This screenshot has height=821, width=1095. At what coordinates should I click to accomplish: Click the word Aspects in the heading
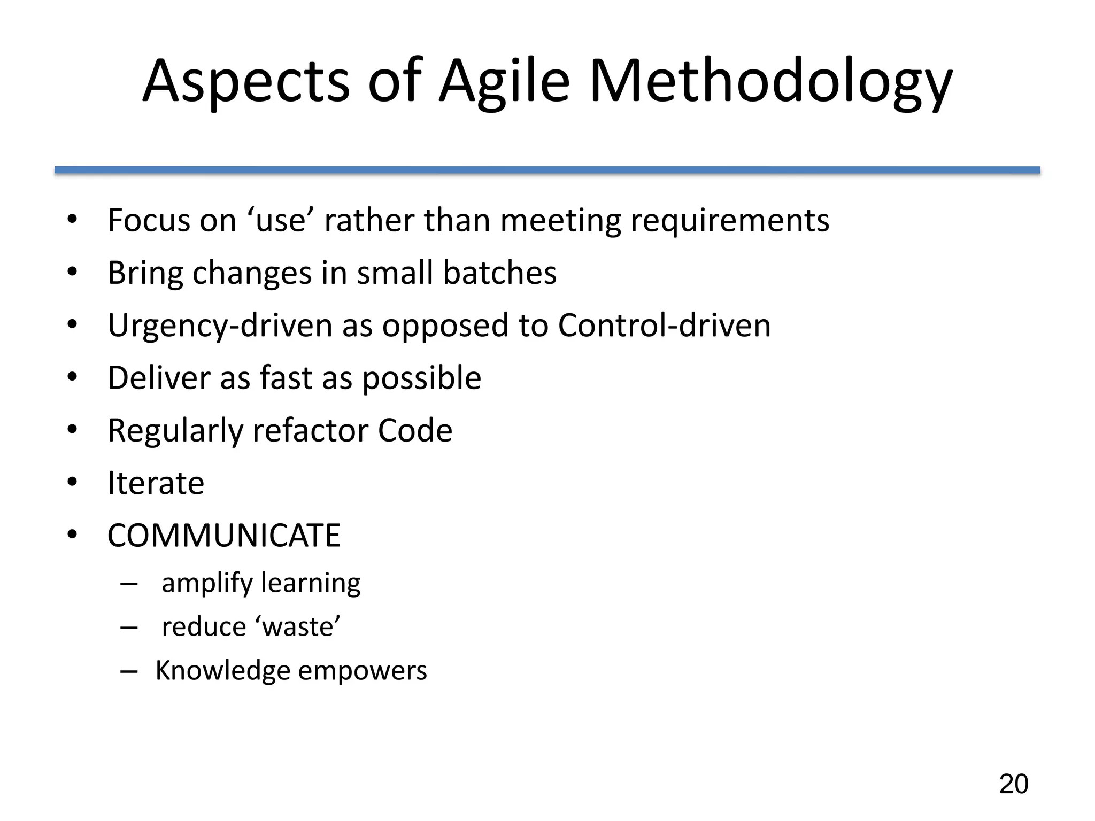[x=246, y=81]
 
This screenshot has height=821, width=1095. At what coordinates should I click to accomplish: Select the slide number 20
[x=1013, y=784]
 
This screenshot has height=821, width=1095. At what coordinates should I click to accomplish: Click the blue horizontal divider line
[x=547, y=170]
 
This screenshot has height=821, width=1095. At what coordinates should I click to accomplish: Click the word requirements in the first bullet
[x=730, y=220]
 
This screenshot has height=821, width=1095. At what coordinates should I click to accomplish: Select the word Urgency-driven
[x=220, y=325]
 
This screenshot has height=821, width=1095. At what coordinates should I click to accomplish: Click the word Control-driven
[x=664, y=325]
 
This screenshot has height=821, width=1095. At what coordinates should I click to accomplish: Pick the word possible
[x=421, y=378]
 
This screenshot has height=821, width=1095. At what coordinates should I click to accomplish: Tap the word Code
[x=415, y=430]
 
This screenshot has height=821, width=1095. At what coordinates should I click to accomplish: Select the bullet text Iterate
[x=156, y=483]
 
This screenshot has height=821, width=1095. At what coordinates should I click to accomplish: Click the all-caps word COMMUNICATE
[x=223, y=535]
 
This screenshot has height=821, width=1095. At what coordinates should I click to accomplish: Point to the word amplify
[x=207, y=583]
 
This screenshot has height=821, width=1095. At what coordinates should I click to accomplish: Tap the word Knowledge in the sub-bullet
[x=222, y=670]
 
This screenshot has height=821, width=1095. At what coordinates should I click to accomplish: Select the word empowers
[x=363, y=670]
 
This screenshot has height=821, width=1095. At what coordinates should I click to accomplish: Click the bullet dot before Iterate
[x=73, y=483]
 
